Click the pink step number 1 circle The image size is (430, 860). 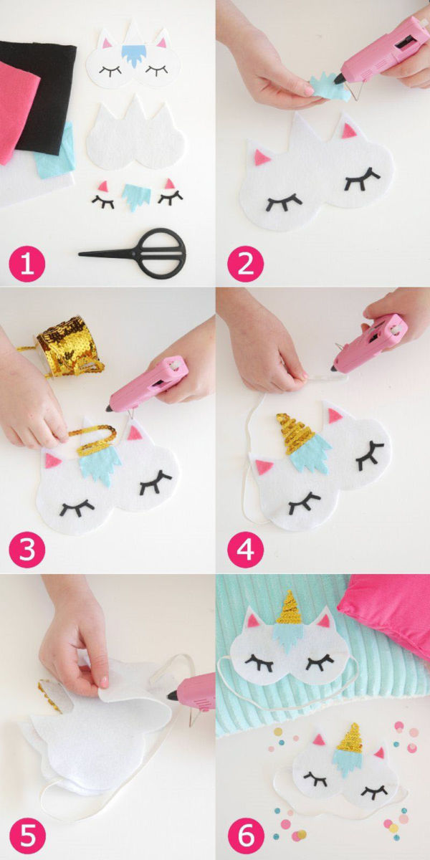(27, 264)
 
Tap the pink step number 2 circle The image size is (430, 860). (245, 264)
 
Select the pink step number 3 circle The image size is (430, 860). (27, 550)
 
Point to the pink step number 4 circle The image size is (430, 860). (245, 550)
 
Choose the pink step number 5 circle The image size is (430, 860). (27, 834)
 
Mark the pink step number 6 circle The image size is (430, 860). (245, 834)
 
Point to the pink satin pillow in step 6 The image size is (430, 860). (388, 612)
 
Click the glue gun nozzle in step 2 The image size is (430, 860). (338, 79)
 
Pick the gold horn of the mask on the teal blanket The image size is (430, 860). (289, 608)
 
